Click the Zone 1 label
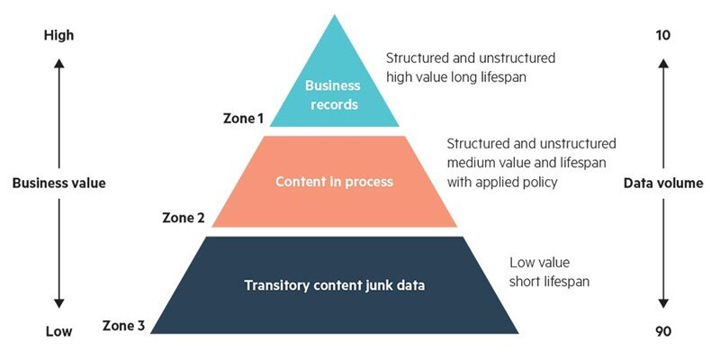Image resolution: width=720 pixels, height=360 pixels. (243, 118)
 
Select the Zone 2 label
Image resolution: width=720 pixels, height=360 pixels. (184, 218)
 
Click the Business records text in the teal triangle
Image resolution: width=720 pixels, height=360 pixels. (332, 95)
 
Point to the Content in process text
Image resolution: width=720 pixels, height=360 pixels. (335, 182)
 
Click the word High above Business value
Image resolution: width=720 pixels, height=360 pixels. (58, 36)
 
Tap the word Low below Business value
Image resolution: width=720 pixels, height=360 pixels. (58, 331)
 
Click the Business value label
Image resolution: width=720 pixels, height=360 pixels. (58, 184)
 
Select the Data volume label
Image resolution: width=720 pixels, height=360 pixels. (663, 184)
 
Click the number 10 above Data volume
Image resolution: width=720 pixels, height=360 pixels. (663, 36)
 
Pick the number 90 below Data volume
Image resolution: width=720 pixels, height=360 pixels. (663, 331)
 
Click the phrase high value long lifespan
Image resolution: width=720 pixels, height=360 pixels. (457, 76)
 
